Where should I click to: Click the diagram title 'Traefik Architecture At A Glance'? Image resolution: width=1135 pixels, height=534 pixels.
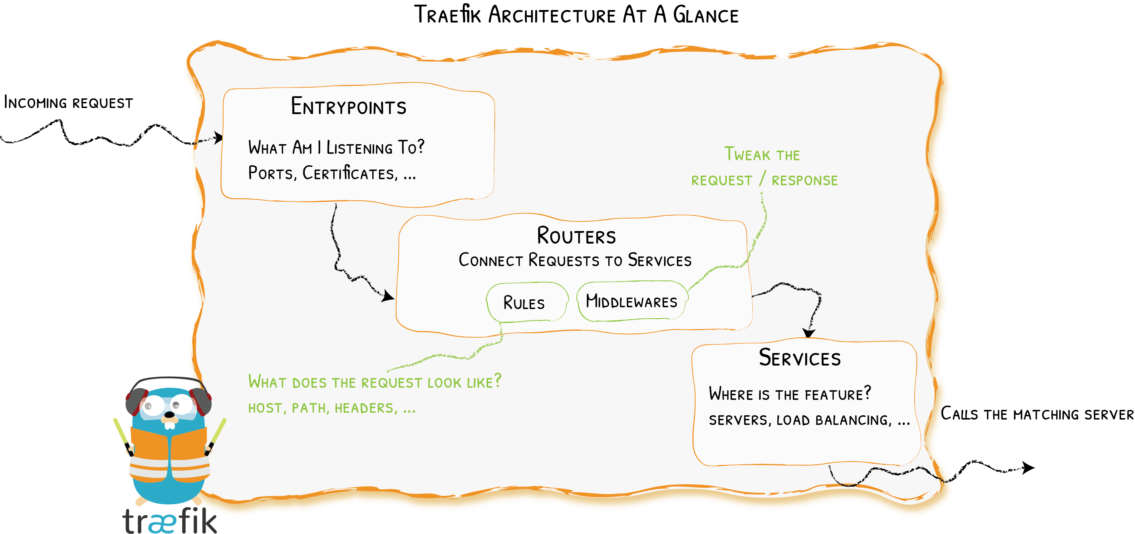[576, 15]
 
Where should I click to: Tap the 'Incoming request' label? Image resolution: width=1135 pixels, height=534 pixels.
[68, 103]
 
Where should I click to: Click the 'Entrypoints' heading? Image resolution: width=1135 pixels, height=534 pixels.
[349, 107]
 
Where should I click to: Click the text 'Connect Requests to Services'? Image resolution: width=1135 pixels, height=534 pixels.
[575, 260]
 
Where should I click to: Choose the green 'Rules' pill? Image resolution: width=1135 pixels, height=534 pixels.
[524, 303]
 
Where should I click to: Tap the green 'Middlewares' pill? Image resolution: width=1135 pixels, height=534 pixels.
[632, 302]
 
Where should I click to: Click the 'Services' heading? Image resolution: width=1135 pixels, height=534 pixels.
[800, 358]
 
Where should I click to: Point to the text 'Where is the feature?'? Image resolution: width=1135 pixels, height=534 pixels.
[790, 393]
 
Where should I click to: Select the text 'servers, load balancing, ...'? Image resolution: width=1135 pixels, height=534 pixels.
[809, 420]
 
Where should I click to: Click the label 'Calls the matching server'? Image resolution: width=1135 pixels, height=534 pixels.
[1036, 414]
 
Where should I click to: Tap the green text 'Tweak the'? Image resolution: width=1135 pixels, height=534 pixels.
[762, 155]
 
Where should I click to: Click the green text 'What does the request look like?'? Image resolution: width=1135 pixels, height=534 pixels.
[374, 382]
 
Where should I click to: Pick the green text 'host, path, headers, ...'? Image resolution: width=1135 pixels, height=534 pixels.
[332, 408]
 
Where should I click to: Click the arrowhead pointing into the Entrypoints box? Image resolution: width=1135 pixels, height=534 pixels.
[218, 137]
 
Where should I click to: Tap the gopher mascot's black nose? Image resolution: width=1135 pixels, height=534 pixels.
[169, 415]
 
